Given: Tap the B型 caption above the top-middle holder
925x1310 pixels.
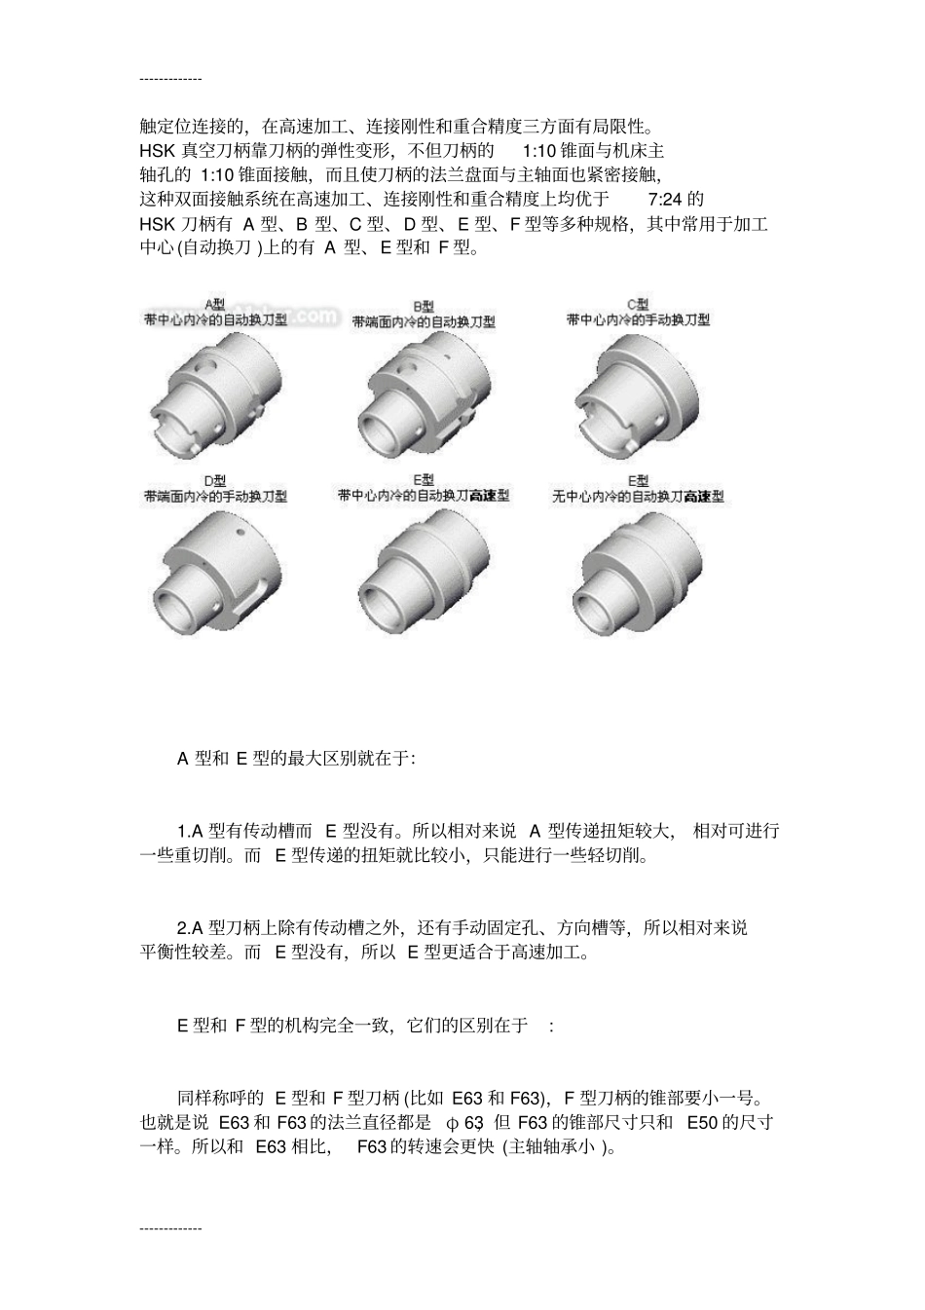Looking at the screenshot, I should (424, 306).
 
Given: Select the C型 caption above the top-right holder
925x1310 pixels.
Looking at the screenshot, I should (638, 304).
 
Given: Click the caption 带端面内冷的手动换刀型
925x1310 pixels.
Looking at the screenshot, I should (215, 496).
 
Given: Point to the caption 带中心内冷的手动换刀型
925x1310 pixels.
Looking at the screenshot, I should (638, 318).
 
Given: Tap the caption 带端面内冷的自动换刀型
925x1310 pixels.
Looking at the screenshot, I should (424, 320).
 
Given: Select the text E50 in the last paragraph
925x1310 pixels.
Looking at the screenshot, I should (702, 1122).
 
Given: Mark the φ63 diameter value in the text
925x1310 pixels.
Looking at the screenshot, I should (464, 1122).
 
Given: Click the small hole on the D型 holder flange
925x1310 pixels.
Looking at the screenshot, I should (240, 533).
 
